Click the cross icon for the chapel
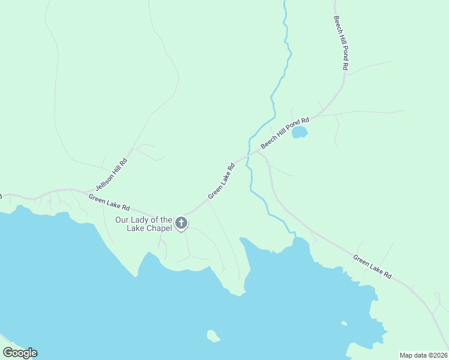pyautogui.click(x=181, y=224)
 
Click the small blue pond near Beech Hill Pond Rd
pyautogui.click(x=300, y=132)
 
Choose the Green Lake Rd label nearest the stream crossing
pyautogui.click(x=221, y=181)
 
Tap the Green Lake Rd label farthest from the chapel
pyautogui.click(x=372, y=267)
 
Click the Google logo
pyautogui.click(x=20, y=353)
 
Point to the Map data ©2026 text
pyautogui.click(x=423, y=355)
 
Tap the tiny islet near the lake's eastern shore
pyautogui.click(x=344, y=324)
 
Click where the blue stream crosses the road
pyautogui.click(x=248, y=158)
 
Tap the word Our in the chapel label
pyautogui.click(x=122, y=220)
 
